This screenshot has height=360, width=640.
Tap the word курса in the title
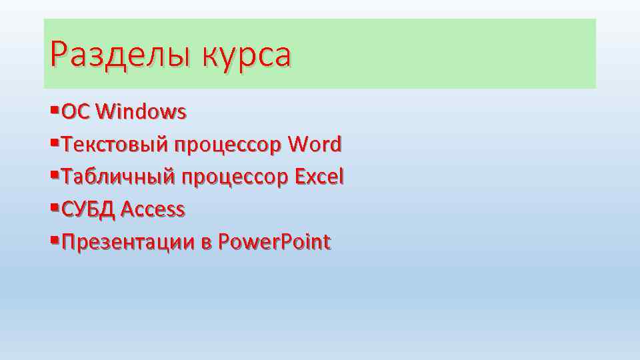click(x=248, y=56)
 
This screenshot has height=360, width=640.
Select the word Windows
click(x=141, y=111)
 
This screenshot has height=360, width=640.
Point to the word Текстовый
click(x=115, y=144)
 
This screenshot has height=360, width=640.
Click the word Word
click(x=315, y=144)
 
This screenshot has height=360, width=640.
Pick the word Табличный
click(x=117, y=177)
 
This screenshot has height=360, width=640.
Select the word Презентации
click(x=127, y=242)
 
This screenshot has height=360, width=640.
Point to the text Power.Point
click(x=275, y=242)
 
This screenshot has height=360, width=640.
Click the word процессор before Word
click(x=229, y=145)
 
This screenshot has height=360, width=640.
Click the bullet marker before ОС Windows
click(x=54, y=109)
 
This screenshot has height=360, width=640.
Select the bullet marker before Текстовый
click(x=54, y=142)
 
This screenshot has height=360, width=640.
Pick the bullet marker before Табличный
click(x=54, y=175)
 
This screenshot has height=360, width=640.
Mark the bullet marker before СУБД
click(x=54, y=207)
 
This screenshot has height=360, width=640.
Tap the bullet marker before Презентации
click(x=54, y=240)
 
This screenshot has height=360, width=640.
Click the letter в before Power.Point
click(x=206, y=243)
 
